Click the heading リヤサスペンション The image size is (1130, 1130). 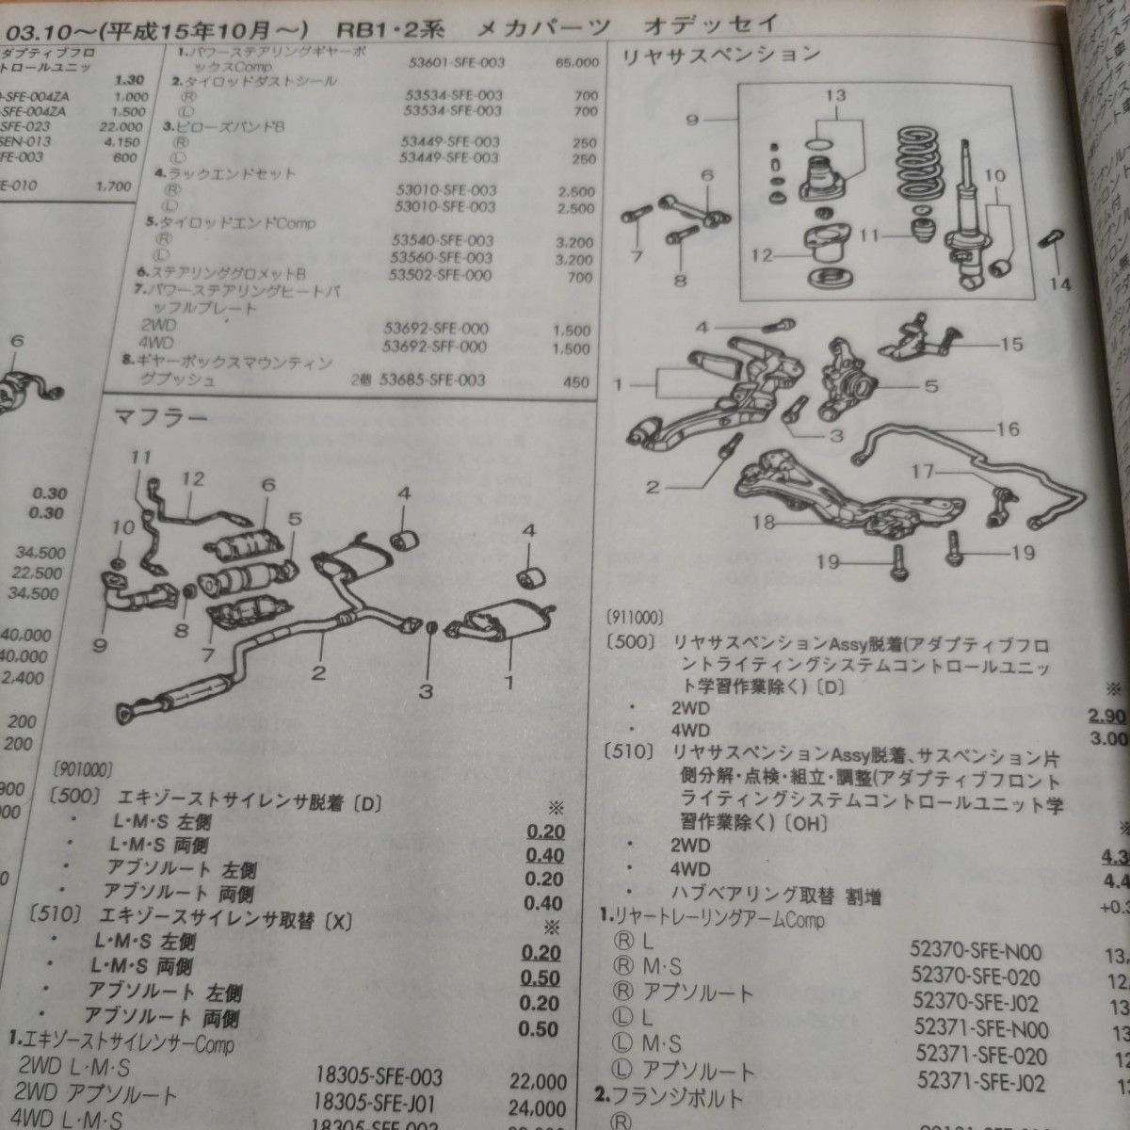720,56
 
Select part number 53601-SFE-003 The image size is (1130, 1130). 451,62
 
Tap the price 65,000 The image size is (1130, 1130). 577,62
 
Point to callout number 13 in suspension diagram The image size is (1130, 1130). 835,95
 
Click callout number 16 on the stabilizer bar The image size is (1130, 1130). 1007,429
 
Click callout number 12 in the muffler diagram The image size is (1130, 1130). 192,479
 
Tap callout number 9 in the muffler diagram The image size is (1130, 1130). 101,645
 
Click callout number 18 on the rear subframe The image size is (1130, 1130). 764,521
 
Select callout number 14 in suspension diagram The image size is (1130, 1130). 1060,283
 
